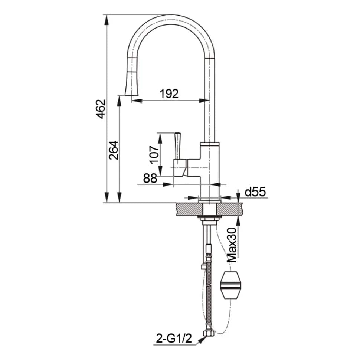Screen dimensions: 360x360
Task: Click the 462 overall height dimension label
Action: pos(101,109)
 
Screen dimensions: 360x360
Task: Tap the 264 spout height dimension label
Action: pos(114,150)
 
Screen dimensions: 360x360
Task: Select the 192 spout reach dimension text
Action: pos(169,94)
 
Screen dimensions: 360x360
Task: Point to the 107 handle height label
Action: pos(154,155)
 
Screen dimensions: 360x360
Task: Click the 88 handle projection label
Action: pos(150,178)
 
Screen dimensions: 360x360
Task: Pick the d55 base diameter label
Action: pos(255,192)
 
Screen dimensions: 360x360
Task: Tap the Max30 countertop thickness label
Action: pos(232,245)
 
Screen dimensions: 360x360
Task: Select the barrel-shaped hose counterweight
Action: pos(230,285)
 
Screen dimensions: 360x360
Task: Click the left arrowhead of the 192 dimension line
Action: pos(137,100)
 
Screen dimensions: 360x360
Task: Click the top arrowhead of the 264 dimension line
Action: pos(119,101)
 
